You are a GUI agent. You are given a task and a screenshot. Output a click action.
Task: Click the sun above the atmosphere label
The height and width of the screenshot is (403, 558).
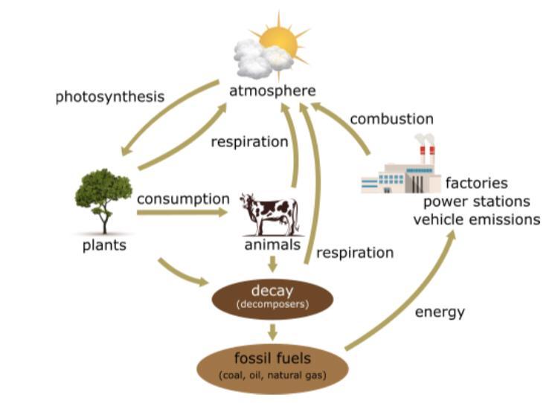pyautogui.click(x=278, y=39)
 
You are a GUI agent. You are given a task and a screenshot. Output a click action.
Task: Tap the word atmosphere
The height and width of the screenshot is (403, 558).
pyautogui.click(x=272, y=91)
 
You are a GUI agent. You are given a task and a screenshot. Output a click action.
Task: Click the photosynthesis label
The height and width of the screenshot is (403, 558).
pyautogui.click(x=109, y=97)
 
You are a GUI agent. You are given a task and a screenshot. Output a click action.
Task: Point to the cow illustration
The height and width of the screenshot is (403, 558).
pyautogui.click(x=269, y=213)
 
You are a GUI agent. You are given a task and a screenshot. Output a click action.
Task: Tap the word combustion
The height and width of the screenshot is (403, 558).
pyautogui.click(x=391, y=119)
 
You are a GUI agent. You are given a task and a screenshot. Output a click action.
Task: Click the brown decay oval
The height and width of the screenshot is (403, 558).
pyautogui.click(x=272, y=298)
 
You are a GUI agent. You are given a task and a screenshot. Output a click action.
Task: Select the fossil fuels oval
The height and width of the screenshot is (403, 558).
pyautogui.click(x=272, y=365)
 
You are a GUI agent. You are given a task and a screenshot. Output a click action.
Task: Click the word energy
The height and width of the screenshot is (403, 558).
pyautogui.click(x=440, y=312)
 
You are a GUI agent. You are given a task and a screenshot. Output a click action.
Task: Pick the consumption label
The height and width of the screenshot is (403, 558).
pyautogui.click(x=183, y=199)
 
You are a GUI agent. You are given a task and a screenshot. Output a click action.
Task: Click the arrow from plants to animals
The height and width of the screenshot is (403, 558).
pyautogui.click(x=182, y=213)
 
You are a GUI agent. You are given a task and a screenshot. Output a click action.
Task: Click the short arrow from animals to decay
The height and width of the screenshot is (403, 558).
pyautogui.click(x=273, y=263)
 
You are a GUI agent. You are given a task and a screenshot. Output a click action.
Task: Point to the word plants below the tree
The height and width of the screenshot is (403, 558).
pyautogui.click(x=104, y=245)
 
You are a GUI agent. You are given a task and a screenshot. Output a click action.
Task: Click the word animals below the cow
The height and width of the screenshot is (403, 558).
pyautogui.click(x=272, y=245)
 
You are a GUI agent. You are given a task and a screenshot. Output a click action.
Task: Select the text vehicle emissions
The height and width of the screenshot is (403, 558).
pyautogui.click(x=476, y=219)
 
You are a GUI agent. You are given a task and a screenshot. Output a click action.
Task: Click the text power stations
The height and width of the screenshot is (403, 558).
pyautogui.click(x=477, y=201)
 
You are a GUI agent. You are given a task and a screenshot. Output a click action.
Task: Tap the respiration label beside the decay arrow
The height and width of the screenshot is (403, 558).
pyautogui.click(x=355, y=253)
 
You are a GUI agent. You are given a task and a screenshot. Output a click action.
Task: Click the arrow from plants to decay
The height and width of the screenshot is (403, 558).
pyautogui.click(x=182, y=272)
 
